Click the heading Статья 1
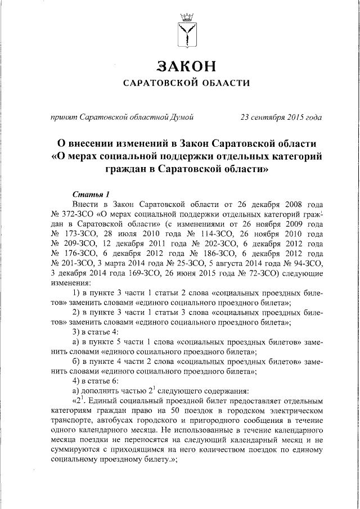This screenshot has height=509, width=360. tap(91, 194)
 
